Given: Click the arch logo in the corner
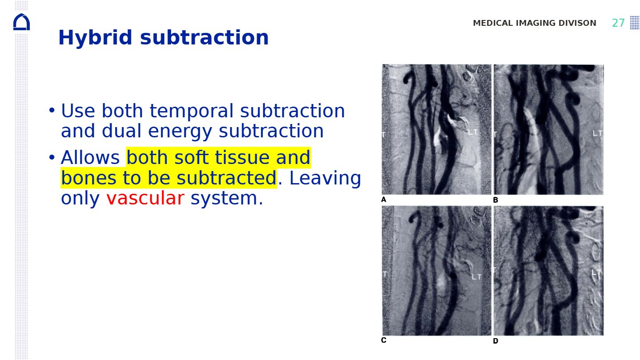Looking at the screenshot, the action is pos(21,22).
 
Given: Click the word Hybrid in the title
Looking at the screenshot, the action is pos(95,38).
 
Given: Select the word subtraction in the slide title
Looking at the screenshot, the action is pos(204,38).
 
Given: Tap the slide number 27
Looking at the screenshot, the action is pos(618,23).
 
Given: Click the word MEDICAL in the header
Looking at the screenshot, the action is pos(493,23).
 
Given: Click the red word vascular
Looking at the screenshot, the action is pos(145,198).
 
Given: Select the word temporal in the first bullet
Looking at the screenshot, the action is pos(192,111).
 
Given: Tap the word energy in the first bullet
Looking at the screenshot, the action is pos(180,131).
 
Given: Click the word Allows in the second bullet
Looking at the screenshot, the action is pos(90,157).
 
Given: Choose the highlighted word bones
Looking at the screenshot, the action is pos(88,178).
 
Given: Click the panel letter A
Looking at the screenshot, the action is pos(384,200).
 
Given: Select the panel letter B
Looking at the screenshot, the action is pos(496,200).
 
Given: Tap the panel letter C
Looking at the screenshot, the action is pos(384,340).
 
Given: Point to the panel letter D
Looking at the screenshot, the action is pos(496,340).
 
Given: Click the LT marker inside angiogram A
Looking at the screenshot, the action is pos(472,132).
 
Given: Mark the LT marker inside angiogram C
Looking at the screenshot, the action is pos(476,276).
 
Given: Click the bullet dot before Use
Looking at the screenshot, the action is pos(52,110).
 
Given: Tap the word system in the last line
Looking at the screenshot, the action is pos(227,198).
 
